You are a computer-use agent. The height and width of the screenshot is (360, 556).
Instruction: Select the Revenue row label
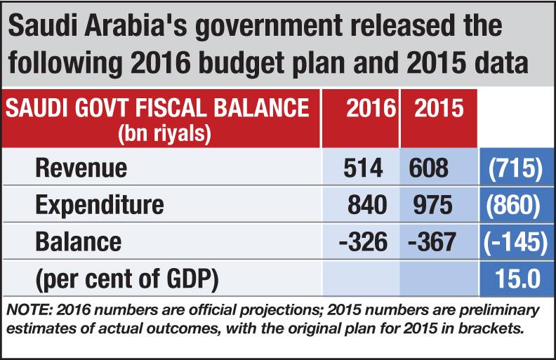(x=81, y=168)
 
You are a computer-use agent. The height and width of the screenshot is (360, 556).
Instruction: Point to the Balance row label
(x=78, y=241)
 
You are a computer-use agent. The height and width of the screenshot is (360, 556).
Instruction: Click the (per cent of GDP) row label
(x=126, y=279)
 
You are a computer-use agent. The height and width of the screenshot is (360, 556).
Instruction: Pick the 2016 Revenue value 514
(x=364, y=168)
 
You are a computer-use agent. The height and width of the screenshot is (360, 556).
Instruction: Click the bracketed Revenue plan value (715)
(x=515, y=168)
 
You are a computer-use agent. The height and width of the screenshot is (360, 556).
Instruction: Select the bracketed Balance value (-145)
(x=515, y=241)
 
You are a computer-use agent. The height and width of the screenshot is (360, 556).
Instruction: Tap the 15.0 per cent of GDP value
(x=517, y=279)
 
